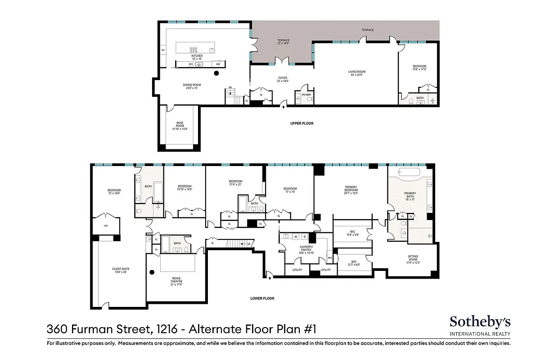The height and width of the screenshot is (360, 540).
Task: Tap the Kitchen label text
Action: coord(197,57)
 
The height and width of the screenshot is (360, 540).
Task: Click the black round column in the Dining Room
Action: coord(216,73)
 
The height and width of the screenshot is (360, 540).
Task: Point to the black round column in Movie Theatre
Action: coord(152,271)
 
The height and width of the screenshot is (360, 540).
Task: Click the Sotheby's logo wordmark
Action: coord(480,321)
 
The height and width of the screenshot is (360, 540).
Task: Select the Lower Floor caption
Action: coord(262,298)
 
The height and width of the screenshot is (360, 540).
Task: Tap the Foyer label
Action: coord(283,79)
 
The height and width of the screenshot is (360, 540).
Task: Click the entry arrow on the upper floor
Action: coord(283,106)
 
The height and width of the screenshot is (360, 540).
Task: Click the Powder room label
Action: coord(307,94)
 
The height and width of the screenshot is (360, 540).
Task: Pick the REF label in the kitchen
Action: coord(219,64)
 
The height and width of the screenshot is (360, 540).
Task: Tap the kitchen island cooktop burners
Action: coord(194,50)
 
